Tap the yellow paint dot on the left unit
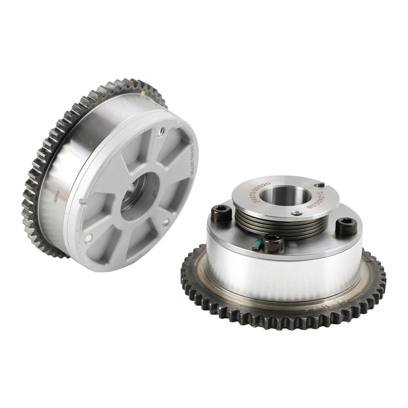click(x=143, y=94)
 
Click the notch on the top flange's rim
click(x=319, y=184)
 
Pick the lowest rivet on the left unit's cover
click(x=88, y=239)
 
